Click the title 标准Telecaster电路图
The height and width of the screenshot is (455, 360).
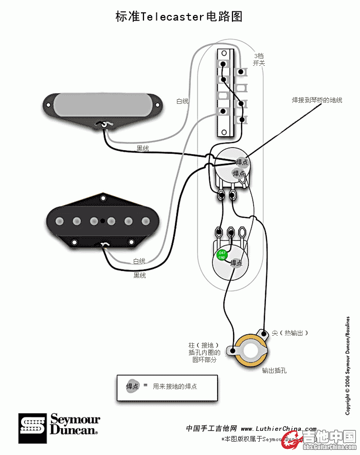(179, 17)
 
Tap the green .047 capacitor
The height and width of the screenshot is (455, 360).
(222, 254)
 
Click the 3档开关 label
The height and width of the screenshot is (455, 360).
(259, 59)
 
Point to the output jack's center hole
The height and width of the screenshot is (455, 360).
(251, 351)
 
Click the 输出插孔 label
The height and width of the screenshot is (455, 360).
(274, 370)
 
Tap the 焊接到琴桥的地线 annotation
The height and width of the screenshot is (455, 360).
(317, 100)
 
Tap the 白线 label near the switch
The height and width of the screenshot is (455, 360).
(183, 101)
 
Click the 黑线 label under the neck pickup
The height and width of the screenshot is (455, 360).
(142, 149)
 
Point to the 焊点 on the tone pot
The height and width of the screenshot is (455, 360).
(236, 263)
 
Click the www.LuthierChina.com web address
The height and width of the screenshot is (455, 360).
(279, 428)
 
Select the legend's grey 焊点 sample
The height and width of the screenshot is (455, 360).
(133, 386)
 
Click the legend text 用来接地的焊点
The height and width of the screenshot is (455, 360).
(175, 386)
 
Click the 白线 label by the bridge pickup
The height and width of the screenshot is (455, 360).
(139, 261)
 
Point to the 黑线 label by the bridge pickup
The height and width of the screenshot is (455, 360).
(140, 276)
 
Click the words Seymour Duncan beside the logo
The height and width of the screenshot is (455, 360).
(75, 425)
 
